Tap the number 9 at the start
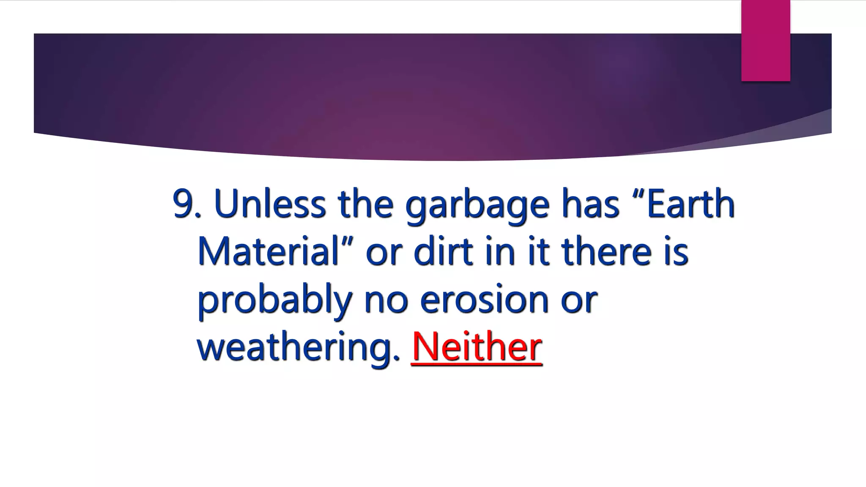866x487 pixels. (182, 204)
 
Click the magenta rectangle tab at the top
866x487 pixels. (765, 41)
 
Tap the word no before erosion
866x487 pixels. (386, 299)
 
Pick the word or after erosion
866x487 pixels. (579, 299)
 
